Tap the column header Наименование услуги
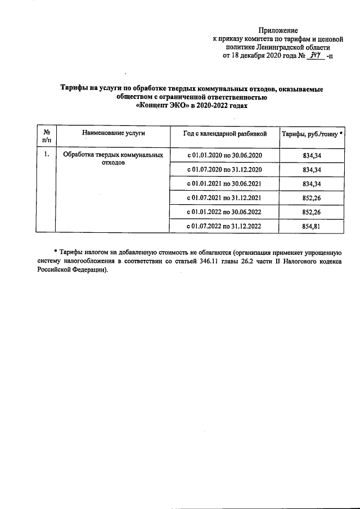(x=114, y=133)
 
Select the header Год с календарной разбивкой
(x=224, y=133)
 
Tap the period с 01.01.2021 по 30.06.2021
(x=225, y=183)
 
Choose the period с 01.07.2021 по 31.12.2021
(x=225, y=198)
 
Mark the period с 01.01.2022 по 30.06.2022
(x=225, y=212)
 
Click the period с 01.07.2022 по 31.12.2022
(x=225, y=226)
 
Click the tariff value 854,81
(x=312, y=226)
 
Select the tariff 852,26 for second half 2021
(x=312, y=198)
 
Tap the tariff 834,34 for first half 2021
(x=312, y=183)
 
